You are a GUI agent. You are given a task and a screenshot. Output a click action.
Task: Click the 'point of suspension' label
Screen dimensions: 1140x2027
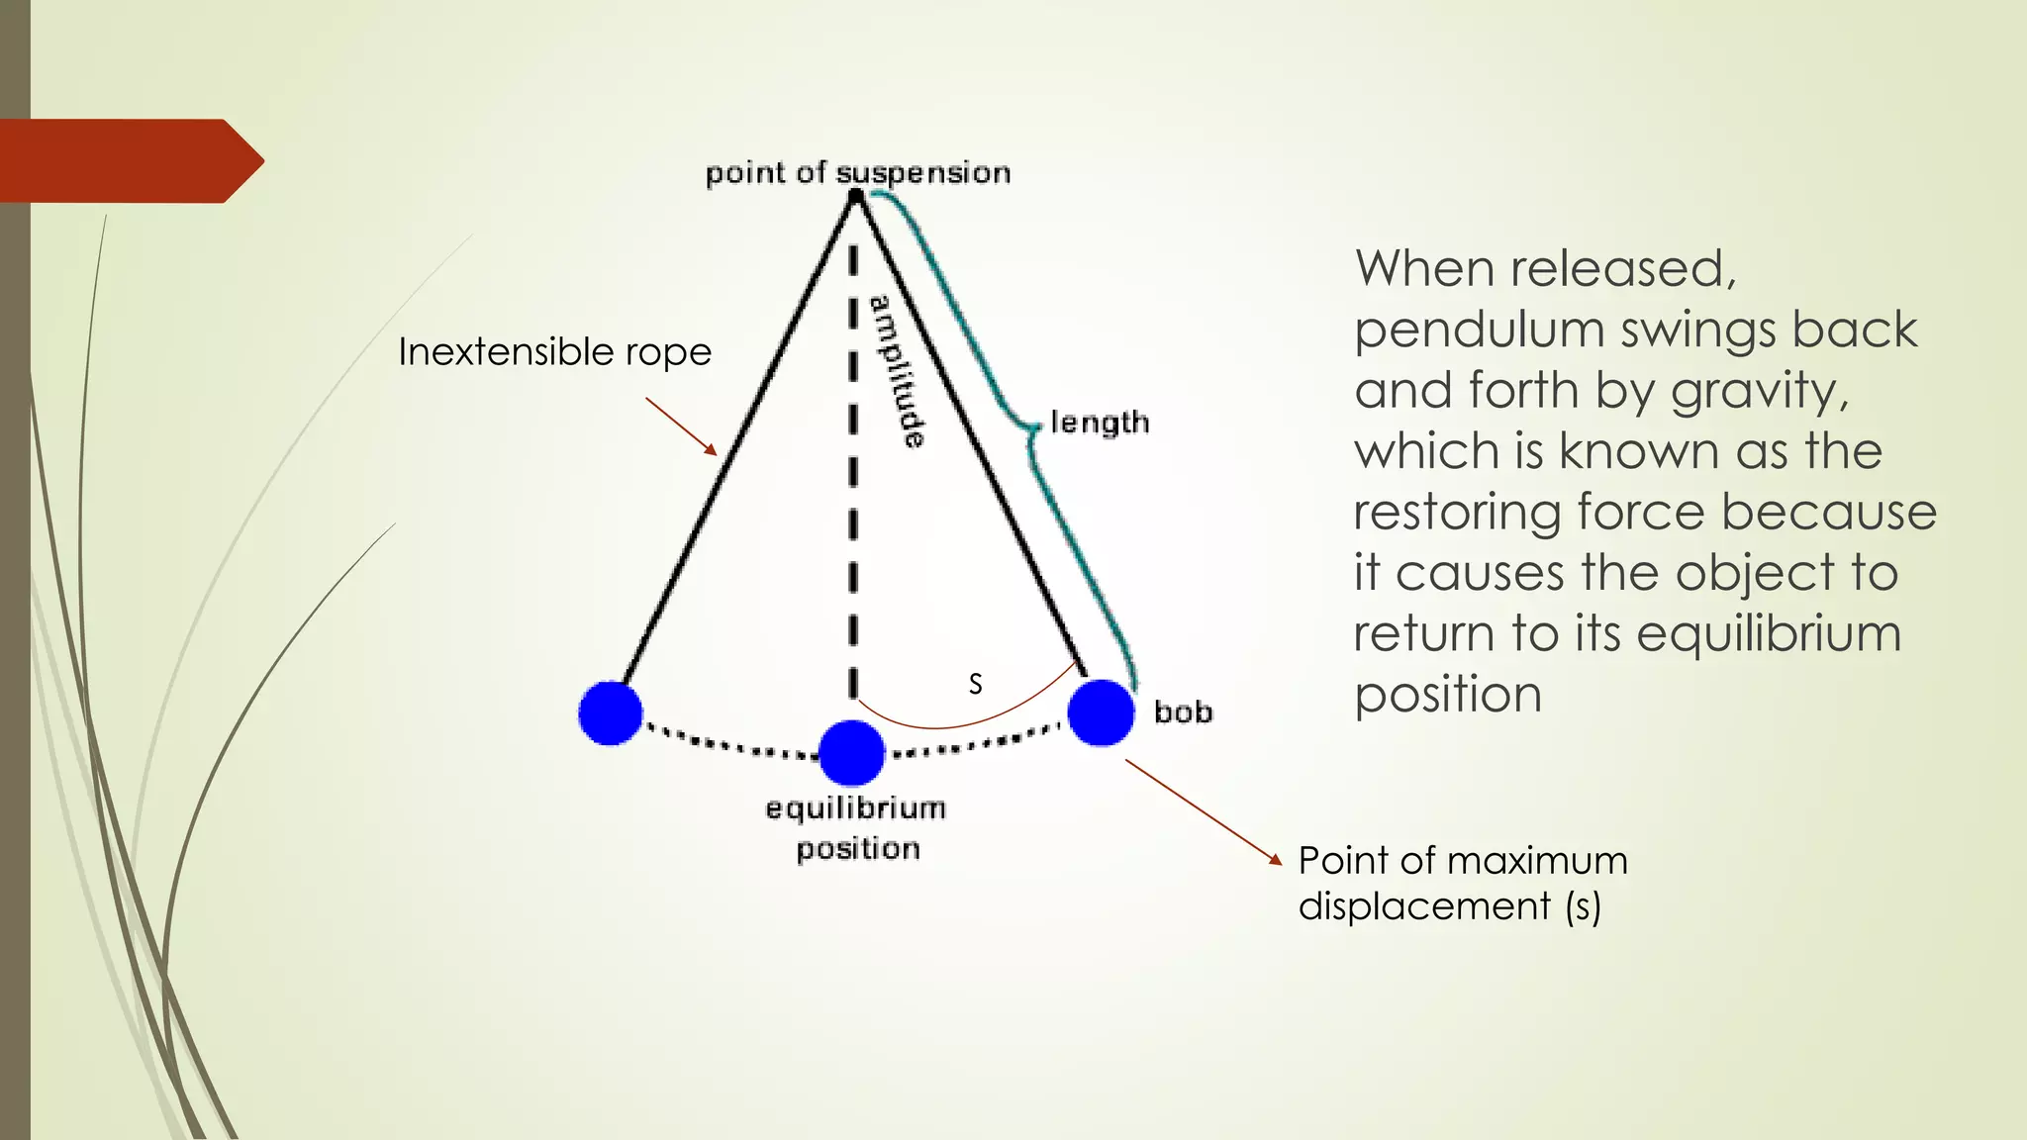(857, 173)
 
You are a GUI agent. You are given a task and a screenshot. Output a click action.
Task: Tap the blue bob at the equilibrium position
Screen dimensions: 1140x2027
(851, 753)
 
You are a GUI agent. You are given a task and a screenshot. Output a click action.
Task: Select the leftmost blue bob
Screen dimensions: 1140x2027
(611, 712)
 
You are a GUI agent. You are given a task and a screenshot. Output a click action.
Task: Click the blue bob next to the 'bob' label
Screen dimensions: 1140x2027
(1101, 712)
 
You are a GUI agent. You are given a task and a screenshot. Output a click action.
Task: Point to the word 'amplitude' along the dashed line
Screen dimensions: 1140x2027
(898, 371)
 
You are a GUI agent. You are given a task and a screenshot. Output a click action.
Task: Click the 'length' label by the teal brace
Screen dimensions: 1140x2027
(1100, 423)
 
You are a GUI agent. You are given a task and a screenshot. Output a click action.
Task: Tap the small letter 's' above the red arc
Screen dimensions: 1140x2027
(975, 684)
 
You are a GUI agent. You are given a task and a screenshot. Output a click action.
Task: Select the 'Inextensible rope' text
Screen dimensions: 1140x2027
(554, 352)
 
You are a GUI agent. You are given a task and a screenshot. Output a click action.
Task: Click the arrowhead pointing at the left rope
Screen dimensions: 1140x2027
(712, 450)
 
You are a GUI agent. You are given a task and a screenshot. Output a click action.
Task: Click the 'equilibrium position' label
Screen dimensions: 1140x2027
(856, 828)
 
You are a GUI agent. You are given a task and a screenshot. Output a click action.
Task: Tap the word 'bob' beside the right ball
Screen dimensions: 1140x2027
(1183, 712)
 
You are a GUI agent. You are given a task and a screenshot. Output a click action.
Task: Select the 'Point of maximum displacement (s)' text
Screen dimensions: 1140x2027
(1462, 883)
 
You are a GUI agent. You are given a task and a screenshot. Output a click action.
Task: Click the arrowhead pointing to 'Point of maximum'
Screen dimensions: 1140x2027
(1276, 860)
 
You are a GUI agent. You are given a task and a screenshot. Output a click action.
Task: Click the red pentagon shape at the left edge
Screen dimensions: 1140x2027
(129, 160)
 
